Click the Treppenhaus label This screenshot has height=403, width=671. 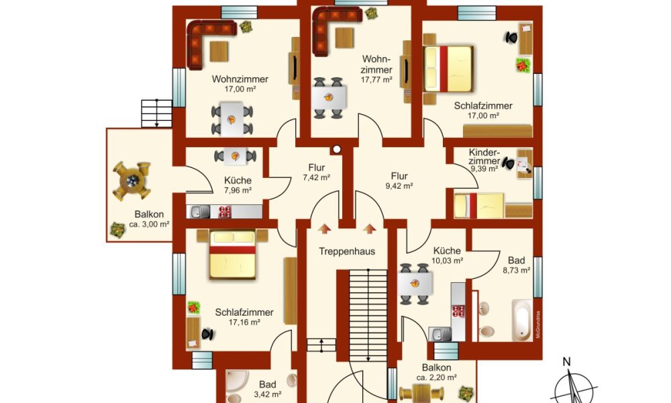click(347, 251)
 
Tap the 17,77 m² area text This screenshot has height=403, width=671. click(376, 80)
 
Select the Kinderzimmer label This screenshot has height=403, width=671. click(484, 156)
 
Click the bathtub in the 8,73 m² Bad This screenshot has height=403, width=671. click(522, 320)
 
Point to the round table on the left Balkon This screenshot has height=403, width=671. click(132, 181)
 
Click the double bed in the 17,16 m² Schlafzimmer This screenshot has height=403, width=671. click(232, 255)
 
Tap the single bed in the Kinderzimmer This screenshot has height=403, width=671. click(479, 206)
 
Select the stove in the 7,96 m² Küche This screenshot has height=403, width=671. click(225, 212)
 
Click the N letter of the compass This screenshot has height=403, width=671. click(566, 362)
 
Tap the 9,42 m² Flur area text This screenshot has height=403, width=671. click(399, 186)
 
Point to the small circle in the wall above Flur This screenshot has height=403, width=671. click(337, 150)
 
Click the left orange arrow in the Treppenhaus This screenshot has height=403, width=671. click(324, 228)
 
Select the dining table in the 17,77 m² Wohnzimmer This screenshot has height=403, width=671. click(328, 97)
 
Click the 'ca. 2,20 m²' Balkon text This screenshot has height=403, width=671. click(437, 377)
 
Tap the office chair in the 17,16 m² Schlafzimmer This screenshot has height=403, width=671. click(207, 334)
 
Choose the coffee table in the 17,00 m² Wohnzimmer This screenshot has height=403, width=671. click(219, 52)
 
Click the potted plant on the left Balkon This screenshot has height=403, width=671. click(117, 230)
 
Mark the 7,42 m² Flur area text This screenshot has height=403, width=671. click(317, 177)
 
